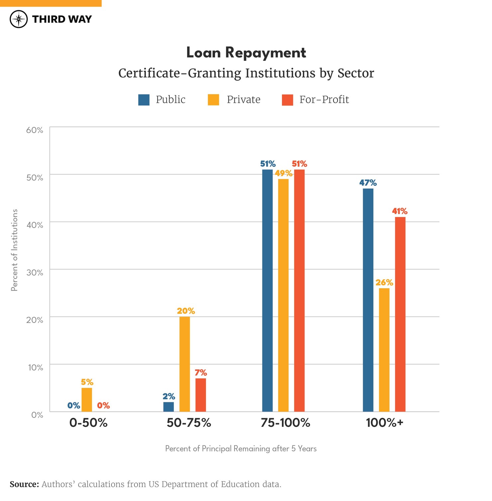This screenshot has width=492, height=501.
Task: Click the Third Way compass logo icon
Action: (x=19, y=19)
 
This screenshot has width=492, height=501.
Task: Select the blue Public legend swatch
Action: (x=144, y=100)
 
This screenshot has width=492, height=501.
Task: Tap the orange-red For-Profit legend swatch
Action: (x=287, y=100)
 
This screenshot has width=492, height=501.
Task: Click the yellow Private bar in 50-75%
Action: (x=184, y=364)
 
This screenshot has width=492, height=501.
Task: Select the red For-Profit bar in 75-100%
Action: (x=299, y=291)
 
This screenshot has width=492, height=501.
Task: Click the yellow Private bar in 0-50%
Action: (x=87, y=400)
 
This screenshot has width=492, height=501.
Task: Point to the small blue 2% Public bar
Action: (x=169, y=407)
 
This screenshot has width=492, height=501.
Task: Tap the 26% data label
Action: (x=384, y=283)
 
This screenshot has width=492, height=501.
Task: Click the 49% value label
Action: (x=284, y=173)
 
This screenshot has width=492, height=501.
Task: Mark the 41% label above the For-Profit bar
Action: (x=400, y=211)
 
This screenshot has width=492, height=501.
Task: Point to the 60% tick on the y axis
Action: (x=35, y=130)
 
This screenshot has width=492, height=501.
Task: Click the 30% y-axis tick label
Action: (x=35, y=273)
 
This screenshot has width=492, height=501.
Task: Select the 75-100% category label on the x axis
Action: (x=285, y=423)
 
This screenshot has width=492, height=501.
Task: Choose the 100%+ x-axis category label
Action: (x=384, y=423)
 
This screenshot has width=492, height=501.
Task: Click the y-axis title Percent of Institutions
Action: (x=14, y=250)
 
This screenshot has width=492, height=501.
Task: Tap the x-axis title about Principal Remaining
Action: (x=241, y=448)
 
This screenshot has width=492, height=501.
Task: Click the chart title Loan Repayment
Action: (x=246, y=53)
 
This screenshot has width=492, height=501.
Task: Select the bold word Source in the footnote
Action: (x=24, y=484)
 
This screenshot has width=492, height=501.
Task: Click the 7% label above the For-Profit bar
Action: (x=201, y=373)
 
